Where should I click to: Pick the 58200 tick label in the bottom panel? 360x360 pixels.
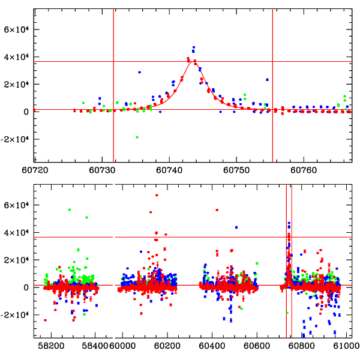(x=52, y=347)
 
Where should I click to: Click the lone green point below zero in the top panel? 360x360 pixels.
(x=137, y=137)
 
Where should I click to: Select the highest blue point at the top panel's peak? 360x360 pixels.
(x=194, y=47)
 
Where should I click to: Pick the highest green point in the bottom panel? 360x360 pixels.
(x=70, y=209)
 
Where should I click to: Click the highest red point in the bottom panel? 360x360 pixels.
(x=157, y=195)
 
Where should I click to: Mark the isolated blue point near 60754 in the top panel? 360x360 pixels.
(x=267, y=79)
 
